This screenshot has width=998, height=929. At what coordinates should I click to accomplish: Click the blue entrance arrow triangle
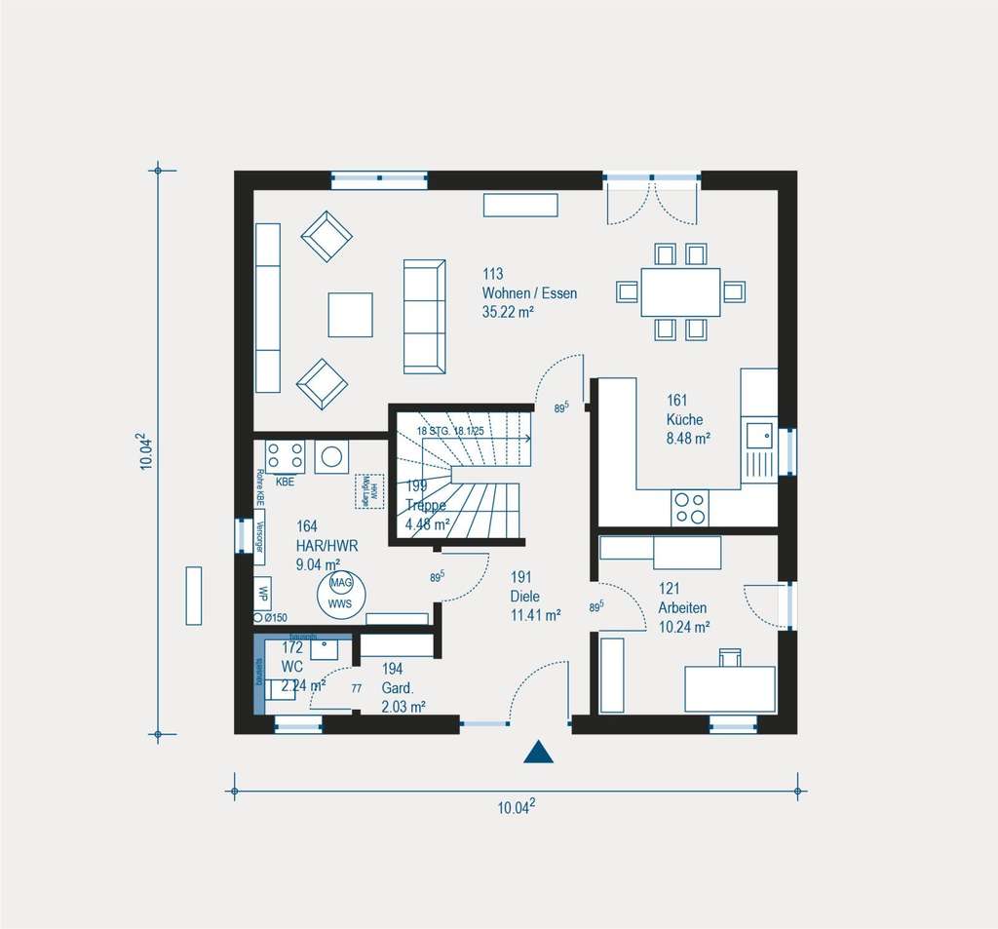coord(538,752)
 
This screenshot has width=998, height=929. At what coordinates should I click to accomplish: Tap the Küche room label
coord(684,419)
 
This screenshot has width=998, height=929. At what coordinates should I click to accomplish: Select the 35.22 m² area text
coord(508,312)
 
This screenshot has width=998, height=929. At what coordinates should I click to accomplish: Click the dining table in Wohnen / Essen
coord(680,291)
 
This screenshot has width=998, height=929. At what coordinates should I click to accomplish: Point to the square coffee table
coord(350,314)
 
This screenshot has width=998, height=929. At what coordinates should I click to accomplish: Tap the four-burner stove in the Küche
coord(690,507)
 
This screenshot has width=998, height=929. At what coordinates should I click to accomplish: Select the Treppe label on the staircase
coord(426,505)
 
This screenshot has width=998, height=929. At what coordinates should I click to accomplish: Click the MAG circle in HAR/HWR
coord(340,583)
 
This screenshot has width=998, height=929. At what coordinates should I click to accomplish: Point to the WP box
coord(262,591)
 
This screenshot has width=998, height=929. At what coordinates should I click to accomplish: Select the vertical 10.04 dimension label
coord(146,452)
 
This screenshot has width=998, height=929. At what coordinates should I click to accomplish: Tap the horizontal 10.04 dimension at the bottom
coord(518,806)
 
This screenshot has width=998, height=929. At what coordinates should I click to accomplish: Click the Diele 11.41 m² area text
coord(534,615)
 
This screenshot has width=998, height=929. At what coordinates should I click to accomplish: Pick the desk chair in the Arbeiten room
coord(730,658)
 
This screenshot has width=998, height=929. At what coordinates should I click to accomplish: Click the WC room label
coord(291,666)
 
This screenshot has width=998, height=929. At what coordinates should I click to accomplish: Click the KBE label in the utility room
coord(285,482)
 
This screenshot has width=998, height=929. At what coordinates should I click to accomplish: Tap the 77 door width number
coord(356,688)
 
